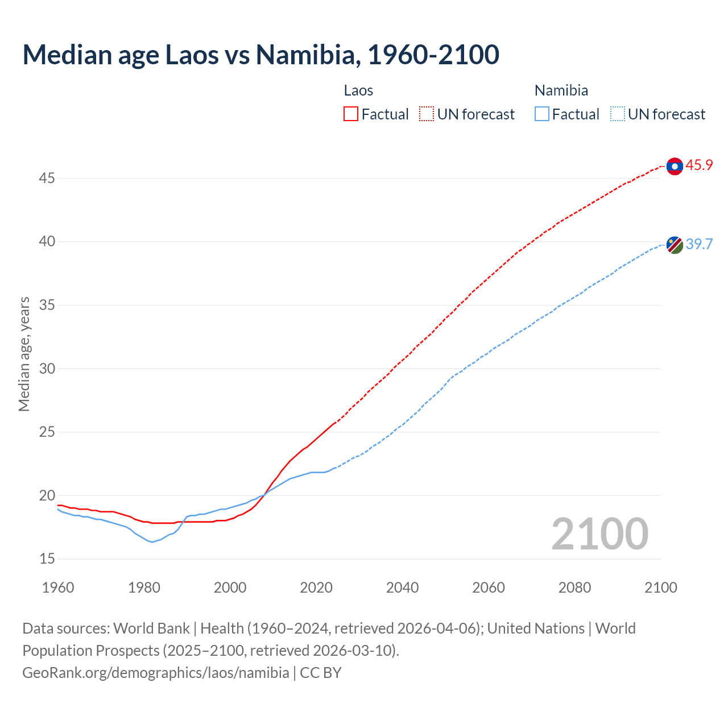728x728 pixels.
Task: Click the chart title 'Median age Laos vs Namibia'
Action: (x=260, y=55)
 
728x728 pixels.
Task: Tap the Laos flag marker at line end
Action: (x=675, y=166)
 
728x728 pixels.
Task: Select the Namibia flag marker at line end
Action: (x=675, y=245)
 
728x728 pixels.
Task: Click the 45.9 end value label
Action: (x=699, y=166)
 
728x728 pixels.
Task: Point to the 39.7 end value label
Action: (x=699, y=244)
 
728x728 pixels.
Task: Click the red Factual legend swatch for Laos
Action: (x=351, y=114)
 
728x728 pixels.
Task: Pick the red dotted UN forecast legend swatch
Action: (x=427, y=114)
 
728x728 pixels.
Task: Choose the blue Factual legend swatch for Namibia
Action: (x=542, y=114)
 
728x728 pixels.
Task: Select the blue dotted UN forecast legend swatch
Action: (x=617, y=114)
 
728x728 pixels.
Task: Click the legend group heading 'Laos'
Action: (x=358, y=90)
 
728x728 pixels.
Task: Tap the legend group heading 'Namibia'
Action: (x=561, y=90)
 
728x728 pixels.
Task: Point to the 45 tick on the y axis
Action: (x=47, y=179)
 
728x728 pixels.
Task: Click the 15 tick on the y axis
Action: (x=47, y=559)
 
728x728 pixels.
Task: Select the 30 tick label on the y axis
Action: (x=47, y=369)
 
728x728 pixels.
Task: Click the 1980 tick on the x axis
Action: (x=144, y=588)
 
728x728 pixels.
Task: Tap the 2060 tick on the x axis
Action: (x=489, y=588)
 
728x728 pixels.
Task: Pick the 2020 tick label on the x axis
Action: (x=316, y=588)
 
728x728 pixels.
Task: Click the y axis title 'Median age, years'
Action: (x=24, y=354)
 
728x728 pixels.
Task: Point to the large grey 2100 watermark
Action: (x=599, y=534)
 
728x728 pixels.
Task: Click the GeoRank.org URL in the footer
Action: (x=155, y=673)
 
